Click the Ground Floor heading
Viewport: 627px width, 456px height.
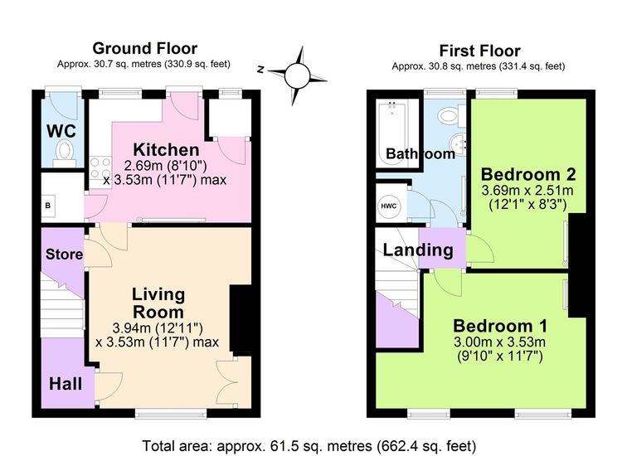(x=145, y=48)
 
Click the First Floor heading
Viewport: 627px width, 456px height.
(x=480, y=51)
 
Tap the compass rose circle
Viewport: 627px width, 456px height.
(x=297, y=75)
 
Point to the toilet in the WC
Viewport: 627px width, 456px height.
(x=65, y=153)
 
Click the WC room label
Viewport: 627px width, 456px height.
(x=61, y=131)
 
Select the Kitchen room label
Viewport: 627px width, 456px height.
(x=166, y=149)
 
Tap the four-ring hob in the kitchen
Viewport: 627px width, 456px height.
(x=100, y=168)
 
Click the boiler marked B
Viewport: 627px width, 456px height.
(x=48, y=206)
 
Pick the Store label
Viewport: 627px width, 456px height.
(x=64, y=254)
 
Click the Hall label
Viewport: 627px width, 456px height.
(x=66, y=384)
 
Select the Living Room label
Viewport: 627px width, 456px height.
(x=158, y=303)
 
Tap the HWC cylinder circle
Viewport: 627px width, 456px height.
(x=389, y=206)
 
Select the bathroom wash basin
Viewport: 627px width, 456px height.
(x=458, y=144)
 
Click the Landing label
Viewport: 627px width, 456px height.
(x=418, y=250)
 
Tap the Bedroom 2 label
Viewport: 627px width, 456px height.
(x=528, y=174)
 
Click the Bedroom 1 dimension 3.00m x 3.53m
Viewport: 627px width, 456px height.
(x=499, y=342)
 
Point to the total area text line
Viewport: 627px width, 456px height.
(x=309, y=445)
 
